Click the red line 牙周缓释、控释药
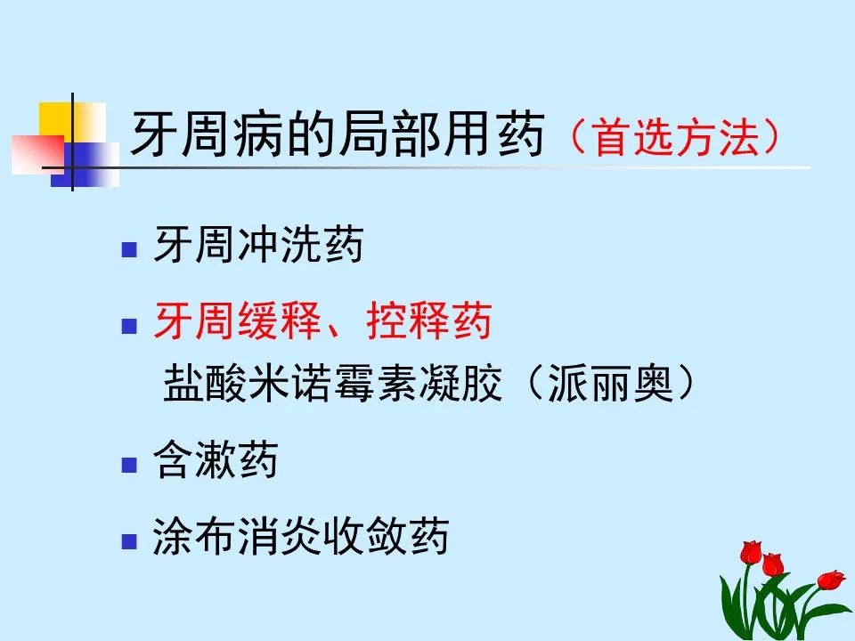pyautogui.click(x=322, y=322)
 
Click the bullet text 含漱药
pyautogui.click(x=216, y=462)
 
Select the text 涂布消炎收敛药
pyautogui.click(x=300, y=538)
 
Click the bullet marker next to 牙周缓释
pyautogui.click(x=129, y=325)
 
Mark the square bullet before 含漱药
pyautogui.click(x=129, y=465)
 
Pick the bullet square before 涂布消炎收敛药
pyautogui.click(x=129, y=540)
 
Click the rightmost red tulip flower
pyautogui.click(x=830, y=580)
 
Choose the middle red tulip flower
pyautogui.click(x=772, y=564)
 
